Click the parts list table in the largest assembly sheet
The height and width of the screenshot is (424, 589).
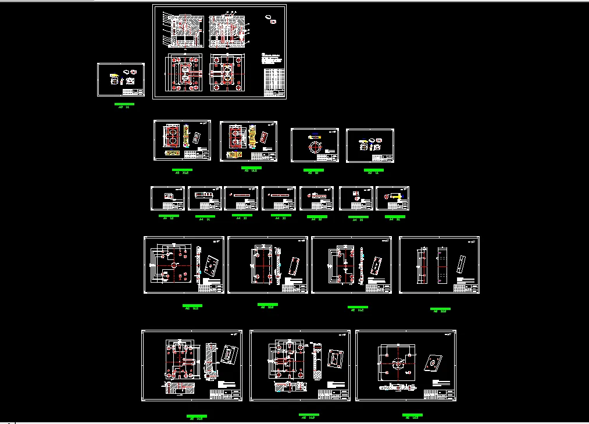click(x=274, y=82)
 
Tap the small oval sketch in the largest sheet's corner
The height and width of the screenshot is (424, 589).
click(x=270, y=19)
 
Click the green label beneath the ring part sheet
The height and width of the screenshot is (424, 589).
click(x=314, y=172)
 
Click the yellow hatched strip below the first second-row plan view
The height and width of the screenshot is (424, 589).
click(x=173, y=153)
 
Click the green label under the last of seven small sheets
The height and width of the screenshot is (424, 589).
click(x=394, y=219)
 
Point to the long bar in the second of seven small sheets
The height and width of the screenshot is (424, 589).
click(x=205, y=194)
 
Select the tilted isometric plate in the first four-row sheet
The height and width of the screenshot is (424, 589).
click(x=210, y=265)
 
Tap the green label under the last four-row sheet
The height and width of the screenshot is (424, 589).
click(x=440, y=310)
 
